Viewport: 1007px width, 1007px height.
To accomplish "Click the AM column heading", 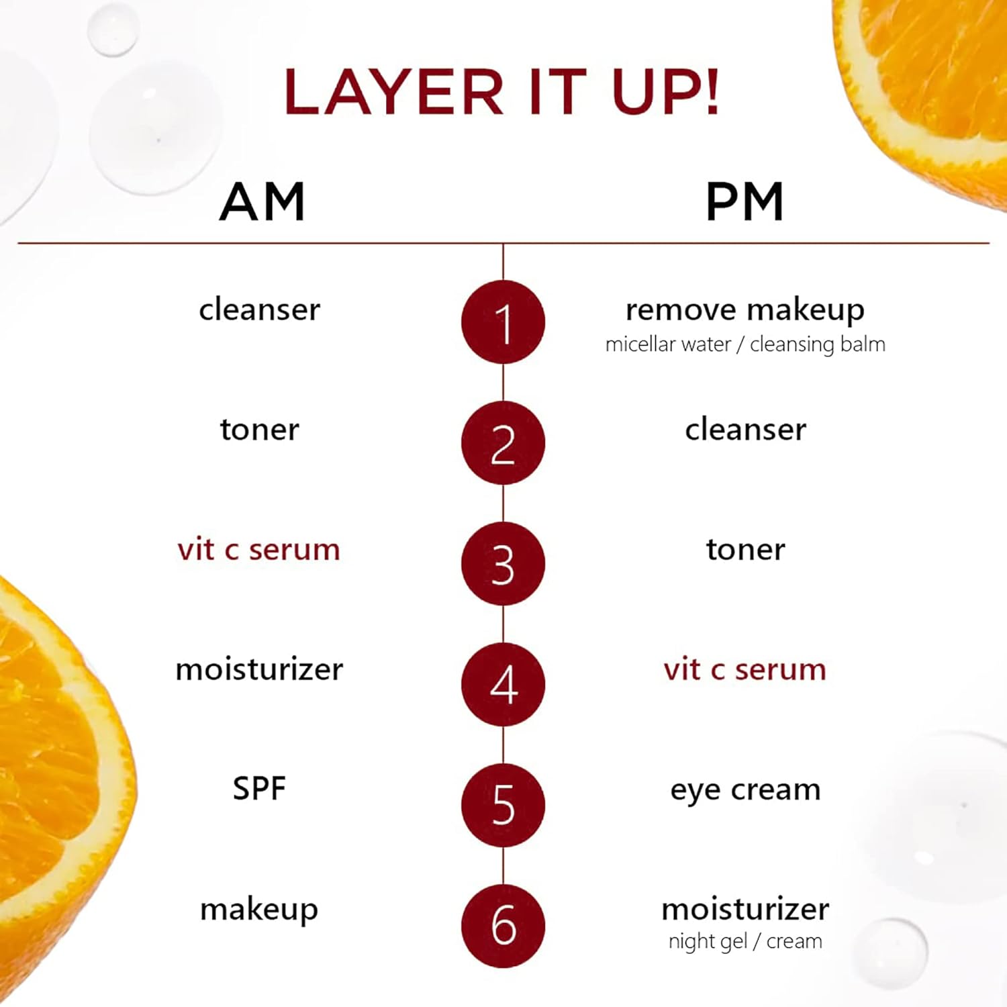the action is [262, 201].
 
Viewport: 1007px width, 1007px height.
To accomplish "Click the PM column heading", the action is [745, 201].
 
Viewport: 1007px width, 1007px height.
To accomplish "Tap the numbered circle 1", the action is [503, 322].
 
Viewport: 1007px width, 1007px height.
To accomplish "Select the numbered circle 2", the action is [503, 443].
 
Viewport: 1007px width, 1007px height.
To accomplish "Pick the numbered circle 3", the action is [503, 564].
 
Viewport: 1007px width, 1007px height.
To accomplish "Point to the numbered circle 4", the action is [503, 685].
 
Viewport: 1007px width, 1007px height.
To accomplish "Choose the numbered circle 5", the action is [503, 806].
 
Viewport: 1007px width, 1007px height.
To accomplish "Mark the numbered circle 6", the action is [503, 926].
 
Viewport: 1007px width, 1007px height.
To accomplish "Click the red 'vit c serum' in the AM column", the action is [259, 550].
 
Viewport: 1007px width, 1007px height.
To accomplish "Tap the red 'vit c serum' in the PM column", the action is [745, 670].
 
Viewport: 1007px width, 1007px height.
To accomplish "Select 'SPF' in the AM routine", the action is [259, 788].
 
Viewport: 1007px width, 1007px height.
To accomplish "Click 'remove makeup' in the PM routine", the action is [745, 311].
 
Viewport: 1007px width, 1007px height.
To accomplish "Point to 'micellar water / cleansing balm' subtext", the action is [745, 344].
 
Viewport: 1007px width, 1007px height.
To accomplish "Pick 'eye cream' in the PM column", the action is [745, 791].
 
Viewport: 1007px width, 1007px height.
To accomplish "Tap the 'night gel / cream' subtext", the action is [745, 942].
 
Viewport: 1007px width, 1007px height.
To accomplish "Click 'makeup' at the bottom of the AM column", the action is [259, 911].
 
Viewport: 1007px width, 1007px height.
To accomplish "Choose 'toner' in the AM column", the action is [259, 430].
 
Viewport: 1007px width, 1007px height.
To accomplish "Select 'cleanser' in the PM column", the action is [745, 430].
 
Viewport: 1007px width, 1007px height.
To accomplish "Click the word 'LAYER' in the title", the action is [393, 92].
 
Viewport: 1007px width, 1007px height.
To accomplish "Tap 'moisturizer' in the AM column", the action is [259, 669].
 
